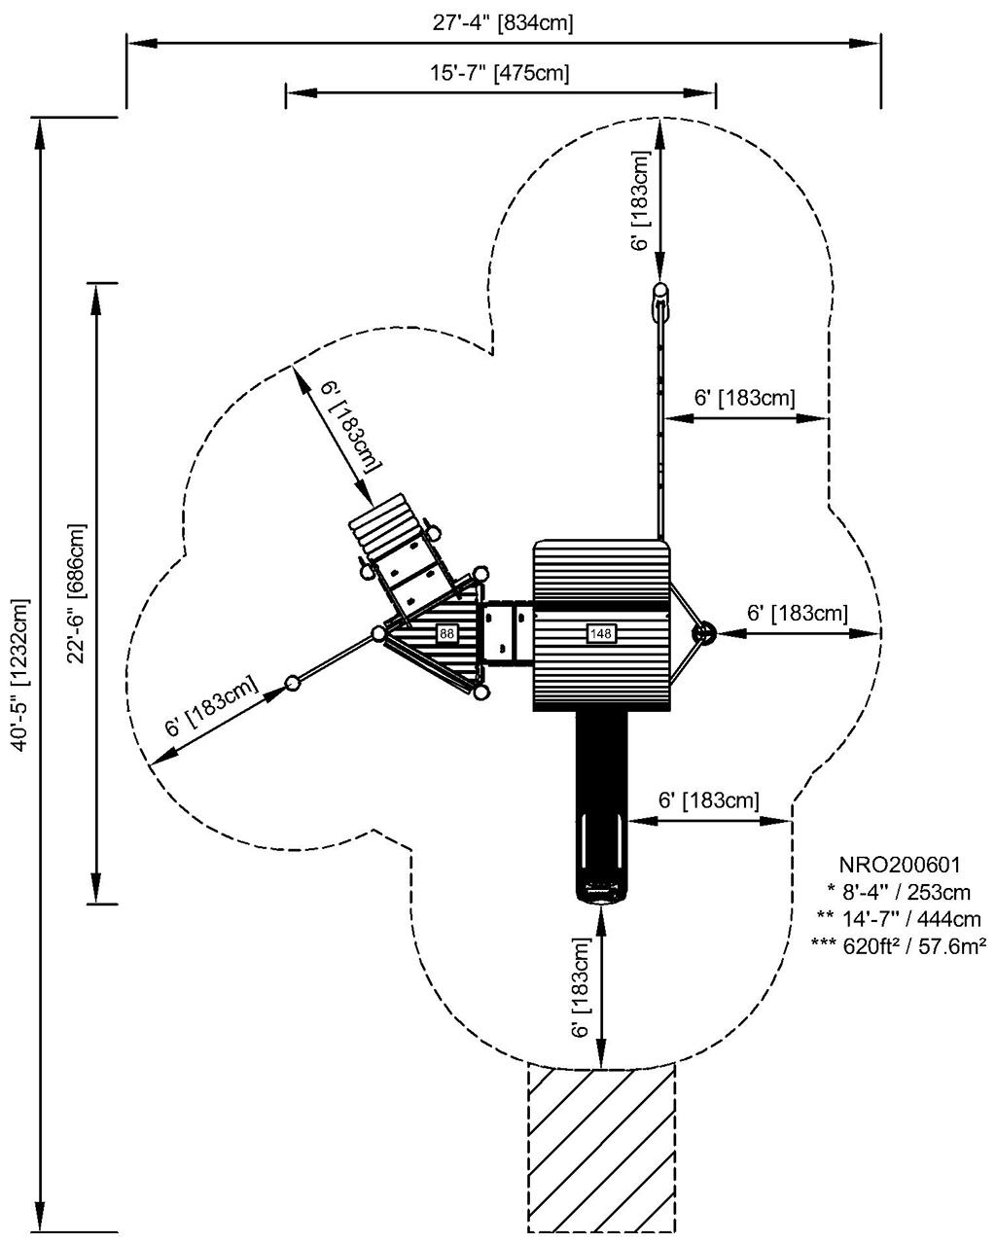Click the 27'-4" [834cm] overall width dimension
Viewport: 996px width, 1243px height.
click(x=503, y=23)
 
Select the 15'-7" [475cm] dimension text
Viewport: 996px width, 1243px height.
click(x=500, y=73)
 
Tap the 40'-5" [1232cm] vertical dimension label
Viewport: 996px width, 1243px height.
click(x=18, y=675)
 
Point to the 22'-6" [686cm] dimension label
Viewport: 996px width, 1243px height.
click(x=77, y=593)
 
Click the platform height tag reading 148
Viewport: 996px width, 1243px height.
click(x=601, y=634)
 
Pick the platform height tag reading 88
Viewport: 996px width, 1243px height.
click(x=446, y=634)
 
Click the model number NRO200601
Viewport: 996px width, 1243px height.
click(x=899, y=865)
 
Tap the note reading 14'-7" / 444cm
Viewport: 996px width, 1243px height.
click(x=899, y=918)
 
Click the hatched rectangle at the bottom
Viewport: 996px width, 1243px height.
click(x=601, y=1148)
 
